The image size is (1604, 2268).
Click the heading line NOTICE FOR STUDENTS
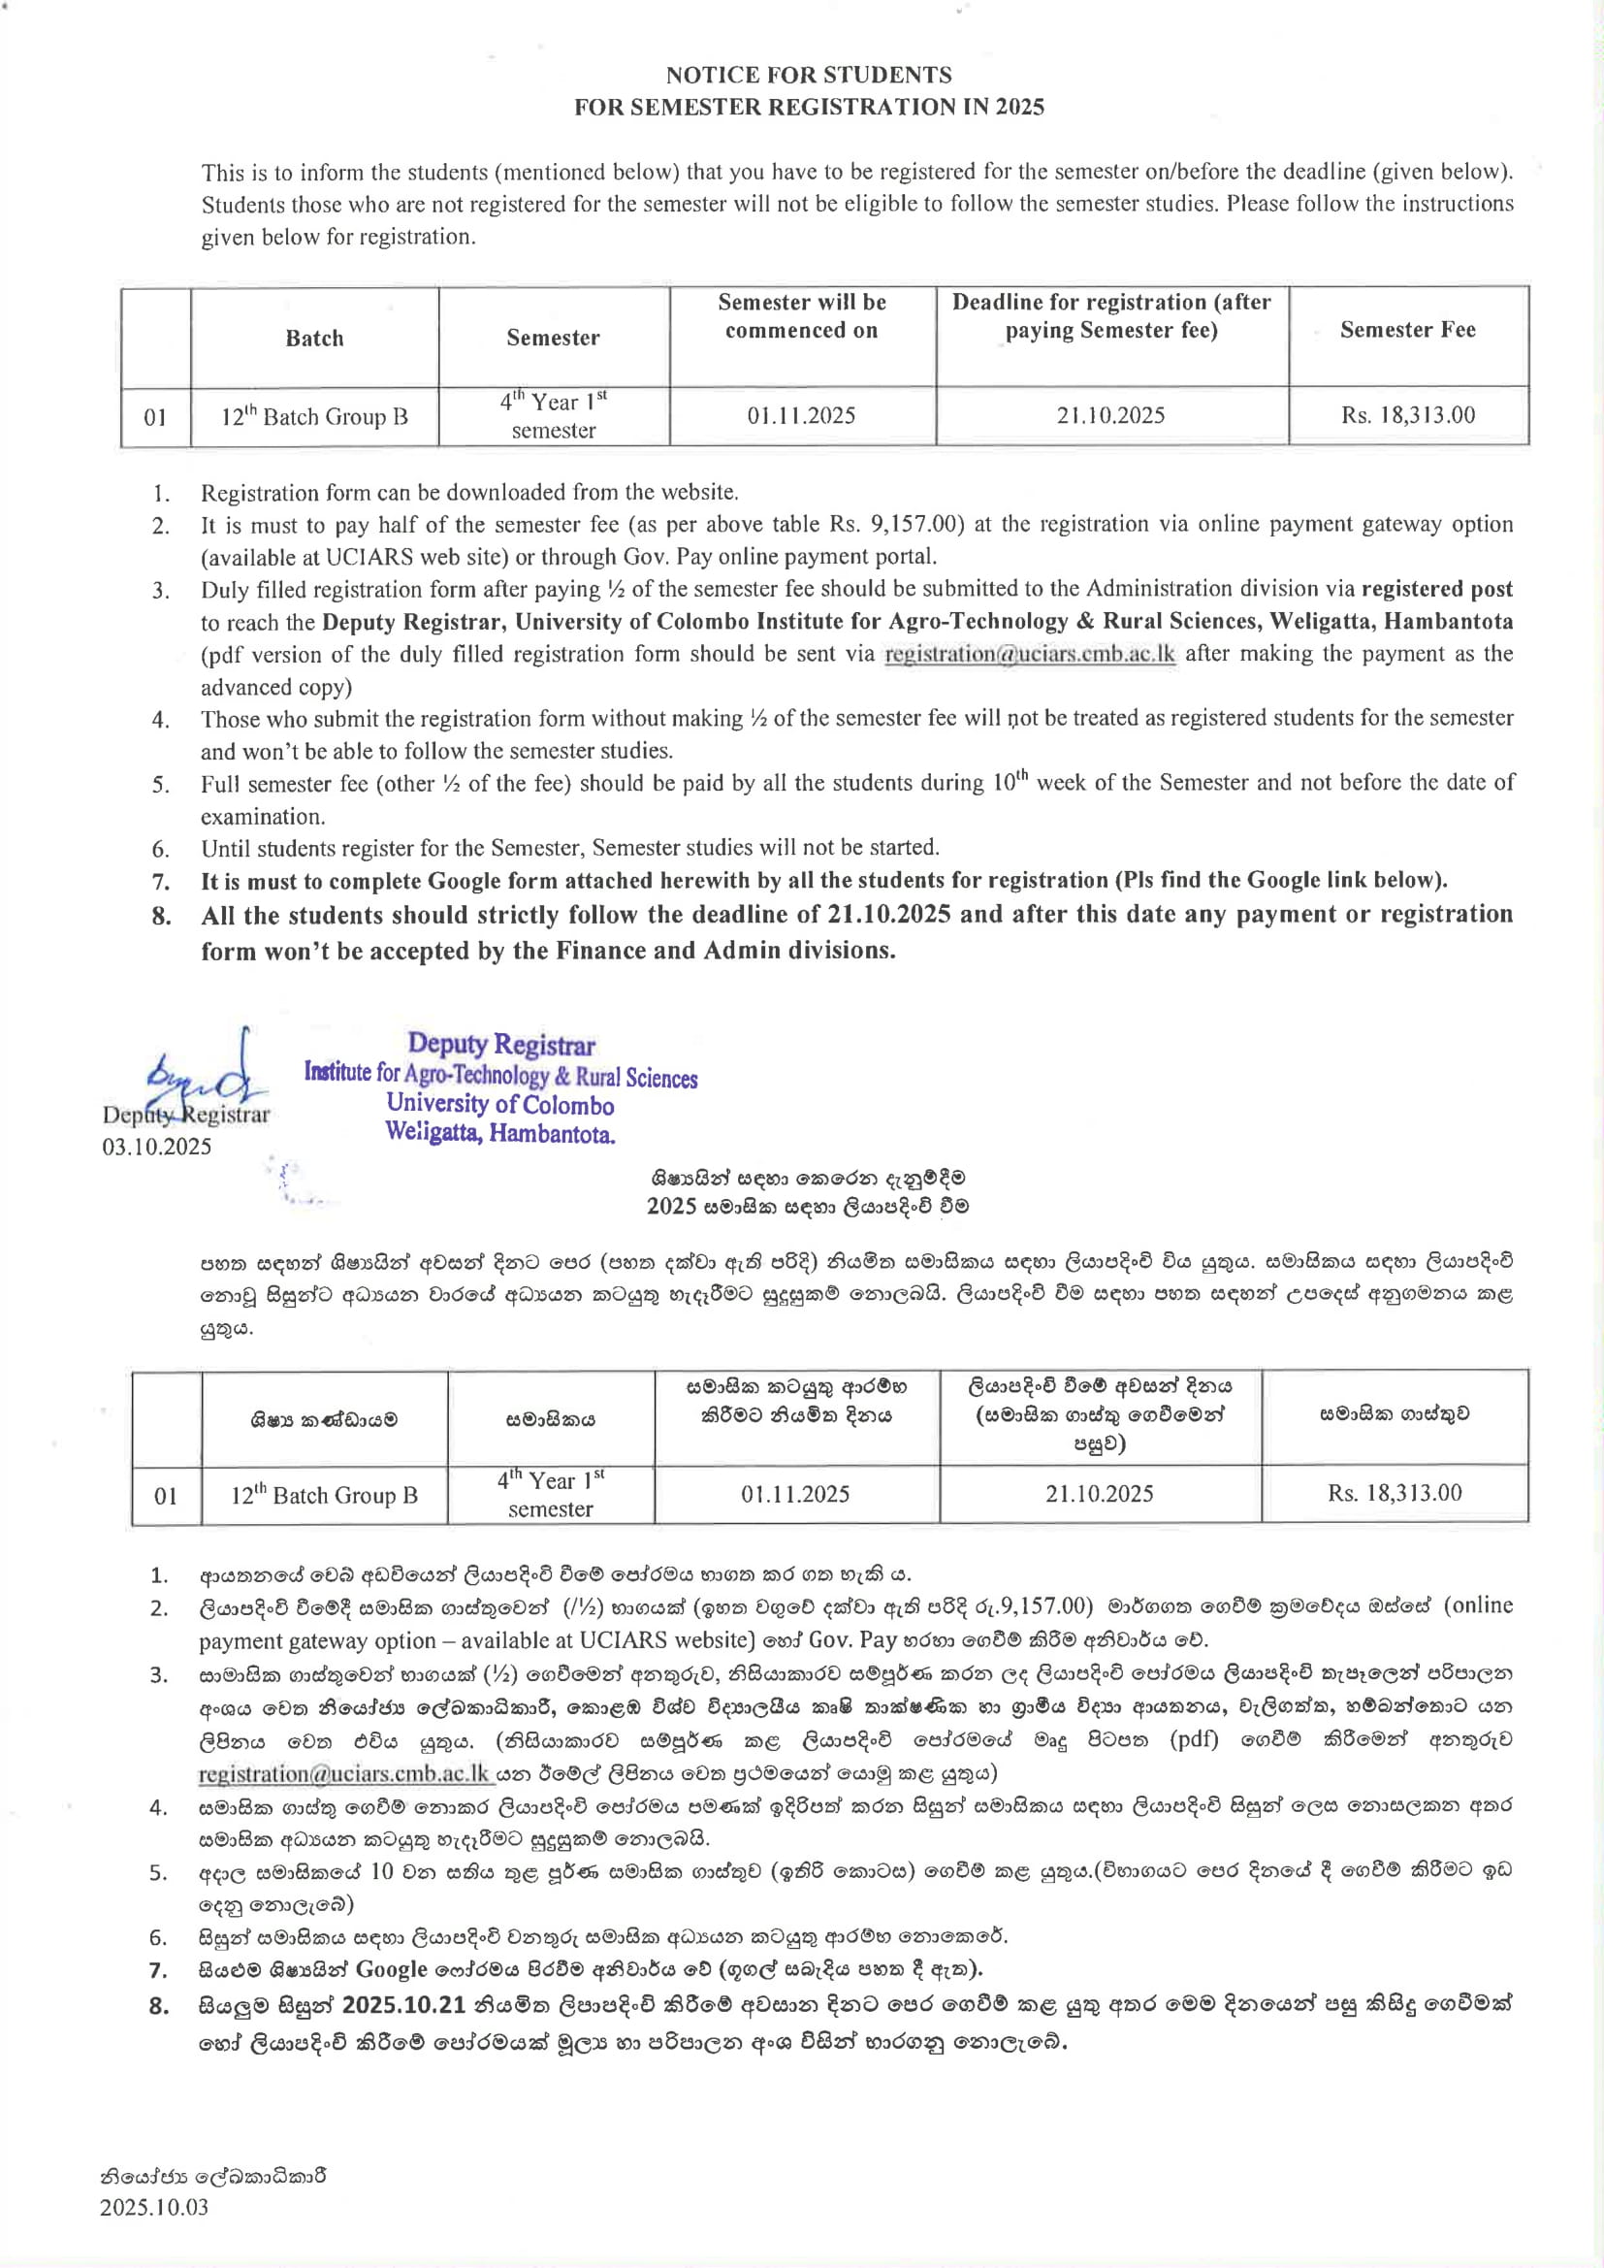808,75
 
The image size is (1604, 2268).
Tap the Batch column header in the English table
314,338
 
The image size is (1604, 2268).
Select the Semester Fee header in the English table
1407,330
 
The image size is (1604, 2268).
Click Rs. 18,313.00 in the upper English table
1407,415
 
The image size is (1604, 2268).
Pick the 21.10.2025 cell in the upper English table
1110,415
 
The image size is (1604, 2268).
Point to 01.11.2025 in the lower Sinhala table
795,1494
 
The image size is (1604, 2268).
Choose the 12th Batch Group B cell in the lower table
324,1495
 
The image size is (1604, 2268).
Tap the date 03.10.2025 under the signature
157,1146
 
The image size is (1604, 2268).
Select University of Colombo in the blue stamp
499,1104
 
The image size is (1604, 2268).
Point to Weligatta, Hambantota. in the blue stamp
499,1133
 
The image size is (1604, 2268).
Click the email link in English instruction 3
1029,654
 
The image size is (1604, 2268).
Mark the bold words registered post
1436,589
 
